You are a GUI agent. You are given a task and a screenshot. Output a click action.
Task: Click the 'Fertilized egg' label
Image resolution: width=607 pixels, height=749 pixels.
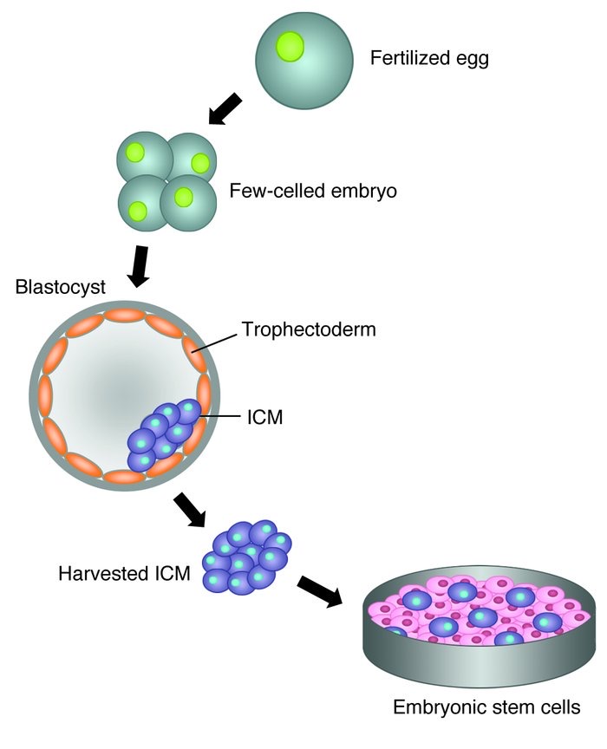429,58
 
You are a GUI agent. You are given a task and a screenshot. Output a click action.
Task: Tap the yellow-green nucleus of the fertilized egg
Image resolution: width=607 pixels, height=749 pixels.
290,47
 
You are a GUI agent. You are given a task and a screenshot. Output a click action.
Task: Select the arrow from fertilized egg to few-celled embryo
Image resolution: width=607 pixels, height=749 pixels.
225,109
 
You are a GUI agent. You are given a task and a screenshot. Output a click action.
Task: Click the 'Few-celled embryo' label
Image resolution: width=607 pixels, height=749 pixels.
313,191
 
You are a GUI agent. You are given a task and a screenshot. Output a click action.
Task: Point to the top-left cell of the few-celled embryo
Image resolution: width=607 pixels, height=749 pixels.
144,156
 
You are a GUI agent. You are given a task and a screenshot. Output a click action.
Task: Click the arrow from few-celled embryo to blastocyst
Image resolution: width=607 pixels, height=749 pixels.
140,266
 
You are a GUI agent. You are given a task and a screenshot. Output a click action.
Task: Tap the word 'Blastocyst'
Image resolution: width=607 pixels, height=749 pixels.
60,287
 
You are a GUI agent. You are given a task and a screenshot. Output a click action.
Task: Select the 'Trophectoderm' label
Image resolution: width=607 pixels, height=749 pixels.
309,329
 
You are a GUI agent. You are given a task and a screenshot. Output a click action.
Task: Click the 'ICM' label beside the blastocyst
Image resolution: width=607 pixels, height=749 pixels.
264,417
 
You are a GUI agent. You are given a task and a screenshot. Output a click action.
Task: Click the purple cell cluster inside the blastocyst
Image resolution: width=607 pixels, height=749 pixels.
164,433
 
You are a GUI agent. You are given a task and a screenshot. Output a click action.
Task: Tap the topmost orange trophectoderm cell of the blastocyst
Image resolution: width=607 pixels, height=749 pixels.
124,316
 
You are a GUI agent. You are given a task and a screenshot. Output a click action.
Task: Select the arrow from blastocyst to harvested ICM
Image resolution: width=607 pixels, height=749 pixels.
190,510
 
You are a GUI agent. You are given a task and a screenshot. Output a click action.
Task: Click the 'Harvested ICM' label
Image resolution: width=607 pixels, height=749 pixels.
124,573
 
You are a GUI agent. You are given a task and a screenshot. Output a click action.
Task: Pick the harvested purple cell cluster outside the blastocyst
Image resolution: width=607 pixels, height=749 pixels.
246,557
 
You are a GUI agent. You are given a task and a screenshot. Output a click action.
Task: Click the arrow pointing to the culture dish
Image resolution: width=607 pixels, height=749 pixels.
320,592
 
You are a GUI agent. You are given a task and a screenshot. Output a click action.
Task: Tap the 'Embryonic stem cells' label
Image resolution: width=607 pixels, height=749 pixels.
486,707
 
